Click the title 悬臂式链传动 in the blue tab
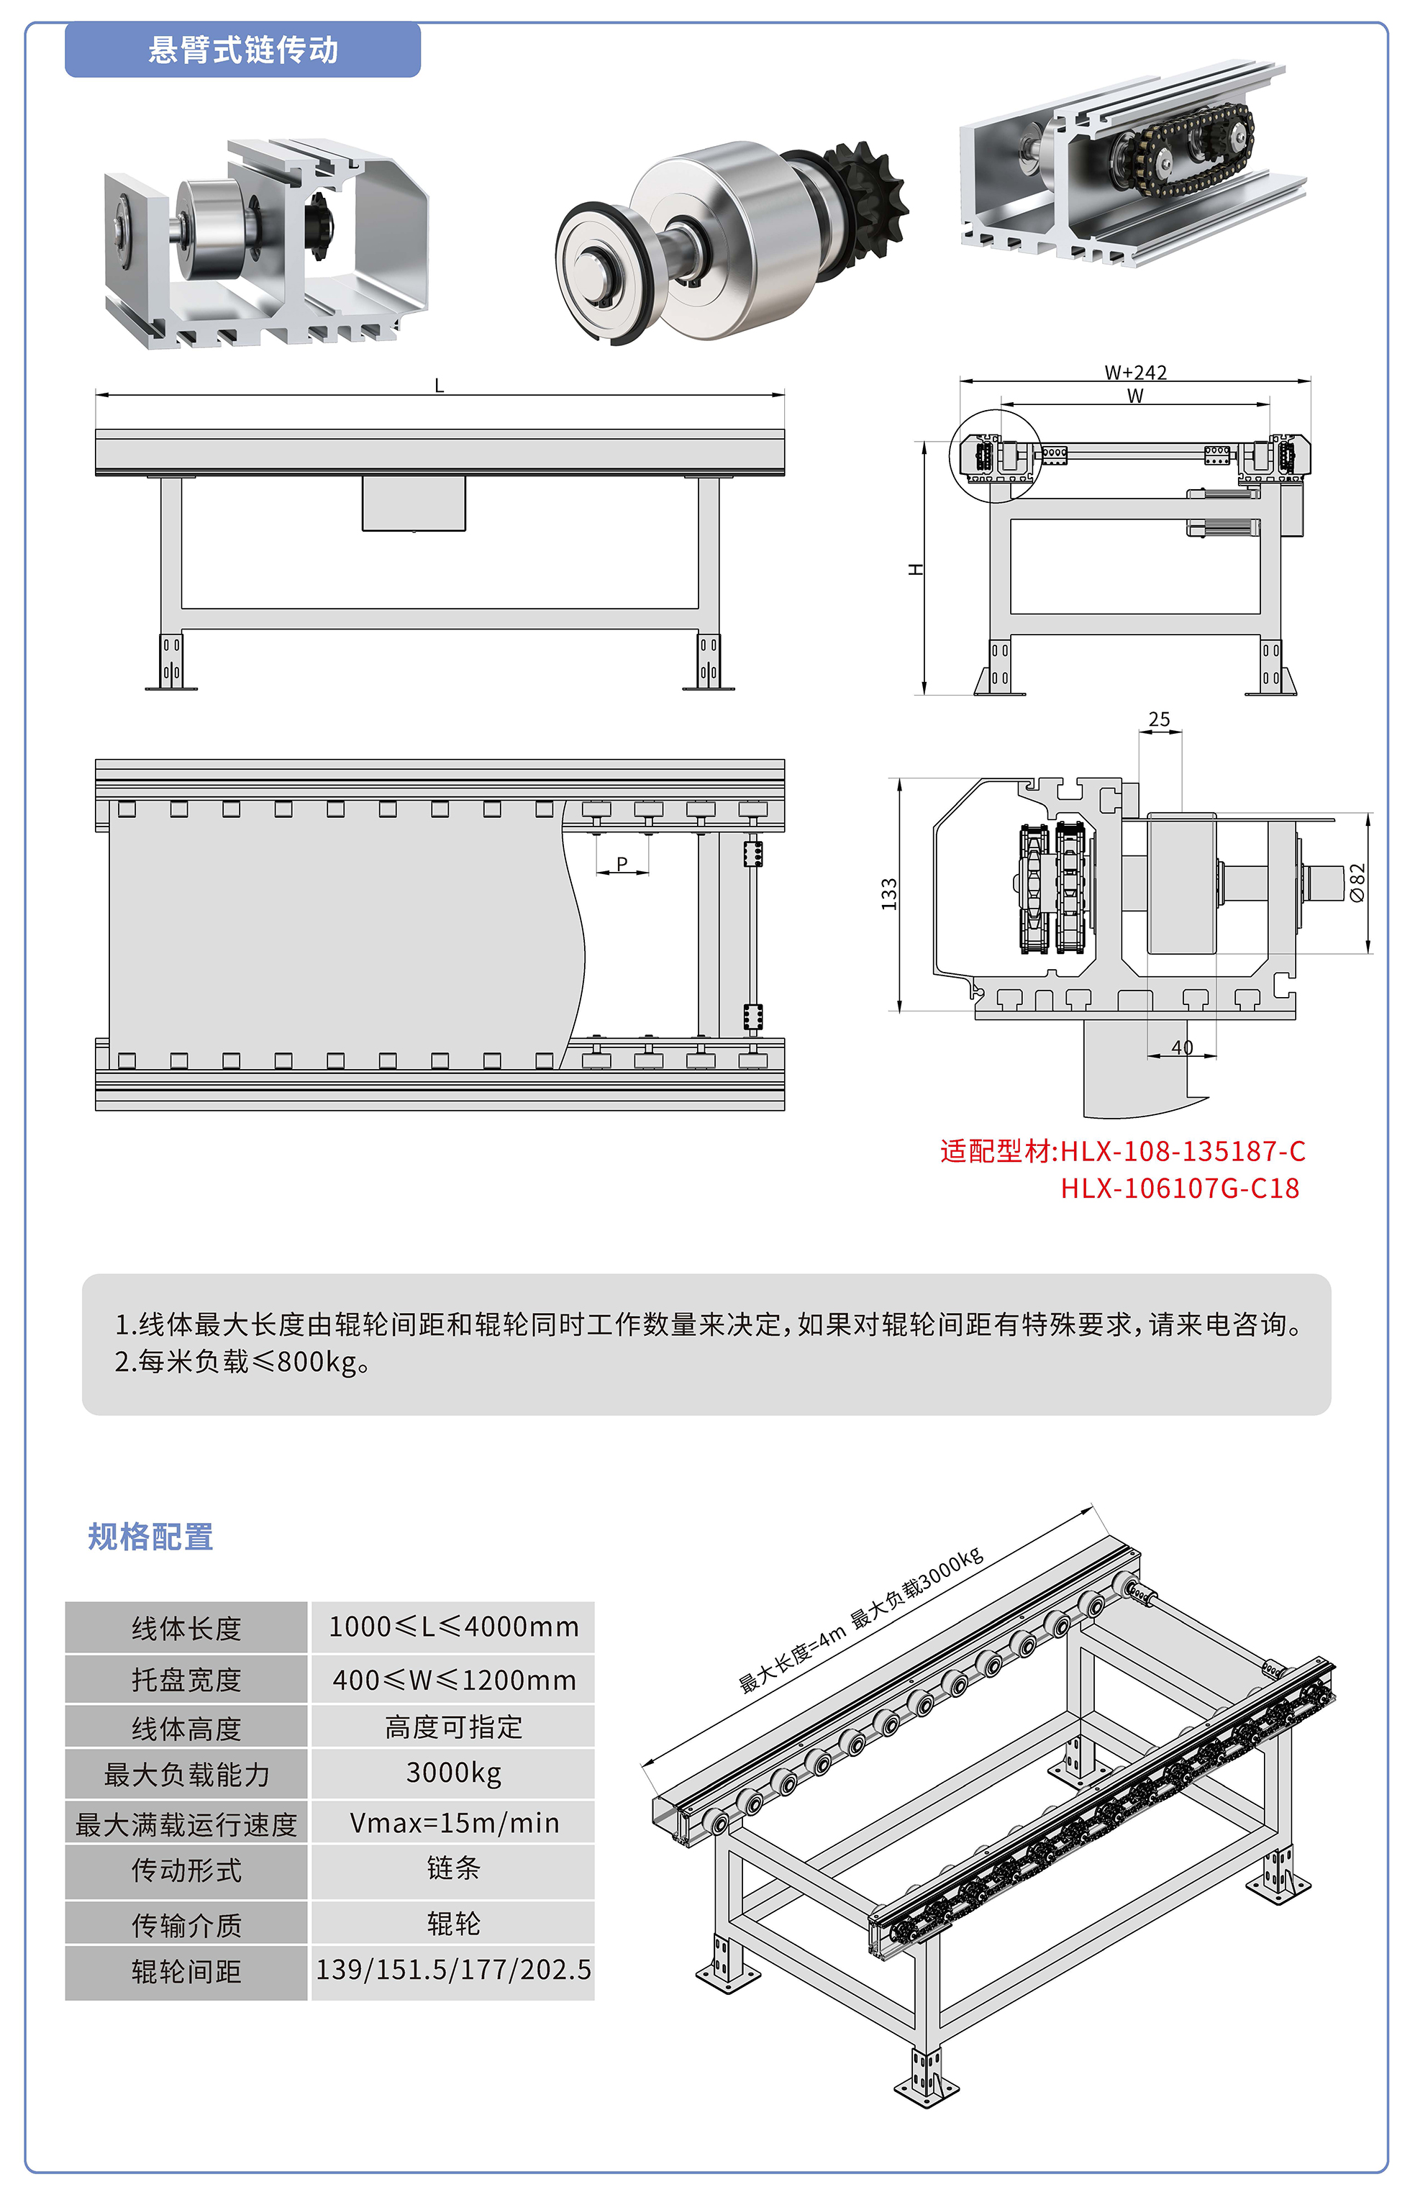coord(242,50)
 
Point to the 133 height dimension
coord(888,894)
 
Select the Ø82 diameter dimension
coord(1357,882)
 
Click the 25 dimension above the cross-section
coord(1159,719)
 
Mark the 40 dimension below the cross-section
coord(1182,1047)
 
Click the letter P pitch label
coord(622,864)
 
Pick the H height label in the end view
coord(916,570)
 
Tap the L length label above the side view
coord(440,386)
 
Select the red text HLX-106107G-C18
coord(1180,1188)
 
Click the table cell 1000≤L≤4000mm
coord(453,1627)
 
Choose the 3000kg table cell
coord(453,1773)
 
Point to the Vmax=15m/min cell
coord(453,1823)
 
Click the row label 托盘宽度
coord(186,1680)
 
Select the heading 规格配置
coord(150,1537)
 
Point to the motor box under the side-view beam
coord(414,503)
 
